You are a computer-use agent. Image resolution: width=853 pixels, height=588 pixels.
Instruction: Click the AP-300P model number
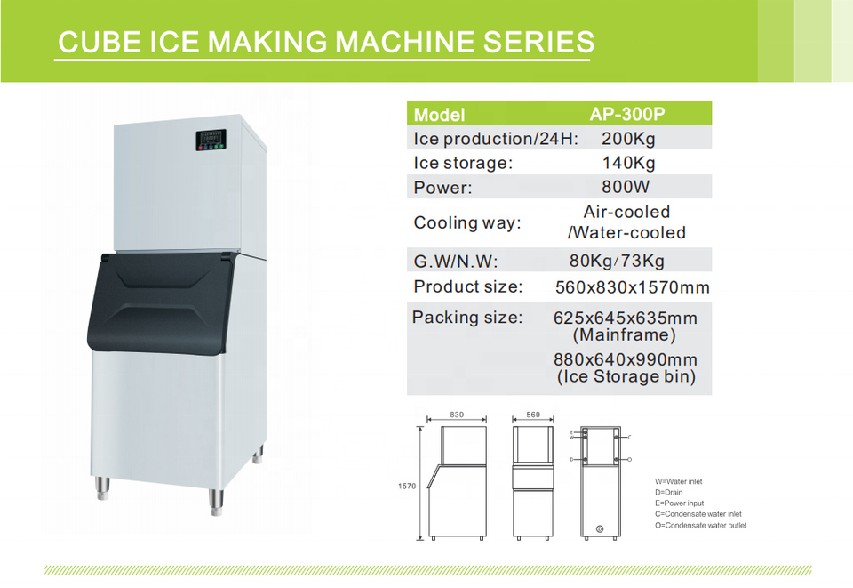627,114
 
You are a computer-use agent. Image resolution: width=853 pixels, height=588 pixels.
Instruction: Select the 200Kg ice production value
628,139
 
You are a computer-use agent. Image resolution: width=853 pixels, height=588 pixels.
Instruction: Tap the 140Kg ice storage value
628,163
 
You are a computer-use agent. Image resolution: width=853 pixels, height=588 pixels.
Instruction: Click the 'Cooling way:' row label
467,222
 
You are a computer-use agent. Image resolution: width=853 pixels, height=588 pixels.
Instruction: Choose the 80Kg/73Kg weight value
617,261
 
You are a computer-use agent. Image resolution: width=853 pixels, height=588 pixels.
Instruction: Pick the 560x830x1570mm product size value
632,287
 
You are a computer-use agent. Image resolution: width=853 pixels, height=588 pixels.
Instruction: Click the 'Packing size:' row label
467,318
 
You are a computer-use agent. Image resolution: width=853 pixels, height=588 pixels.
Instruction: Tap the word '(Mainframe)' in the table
625,335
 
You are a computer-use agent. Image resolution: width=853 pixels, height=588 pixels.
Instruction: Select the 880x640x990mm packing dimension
625,359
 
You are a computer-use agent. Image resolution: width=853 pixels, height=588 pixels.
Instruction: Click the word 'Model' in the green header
439,115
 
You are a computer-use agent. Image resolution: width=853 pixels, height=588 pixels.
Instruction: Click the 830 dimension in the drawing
458,415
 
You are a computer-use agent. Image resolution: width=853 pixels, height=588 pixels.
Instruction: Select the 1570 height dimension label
407,486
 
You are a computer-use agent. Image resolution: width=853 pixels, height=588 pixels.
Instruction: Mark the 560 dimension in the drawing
533,415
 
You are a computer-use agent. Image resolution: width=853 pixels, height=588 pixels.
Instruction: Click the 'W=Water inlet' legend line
678,482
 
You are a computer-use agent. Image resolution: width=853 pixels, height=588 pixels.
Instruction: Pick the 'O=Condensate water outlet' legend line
700,525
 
